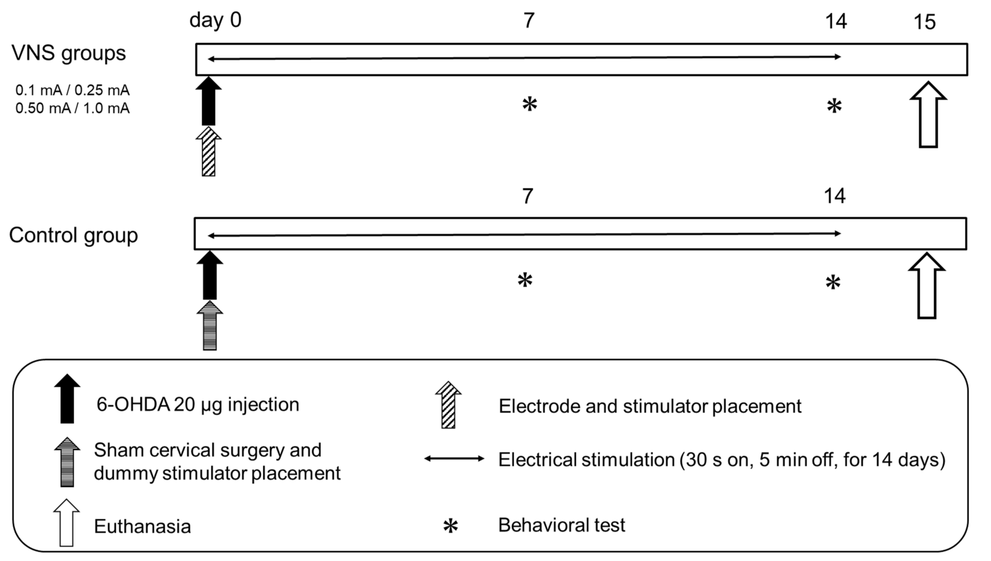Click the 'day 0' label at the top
tap(215, 20)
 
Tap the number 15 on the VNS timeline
tap(924, 22)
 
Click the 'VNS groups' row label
tap(69, 53)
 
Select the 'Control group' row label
tap(73, 235)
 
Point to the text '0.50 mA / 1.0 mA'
tap(72, 108)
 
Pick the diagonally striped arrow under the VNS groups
tap(208, 152)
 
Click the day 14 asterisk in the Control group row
tap(833, 283)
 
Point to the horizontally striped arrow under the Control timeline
tap(210, 326)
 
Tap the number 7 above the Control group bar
tap(527, 196)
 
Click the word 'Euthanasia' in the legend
tap(142, 526)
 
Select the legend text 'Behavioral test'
tap(561, 525)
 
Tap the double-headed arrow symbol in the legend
tap(454, 459)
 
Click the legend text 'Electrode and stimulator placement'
tap(650, 406)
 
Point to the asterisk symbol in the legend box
tap(450, 526)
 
